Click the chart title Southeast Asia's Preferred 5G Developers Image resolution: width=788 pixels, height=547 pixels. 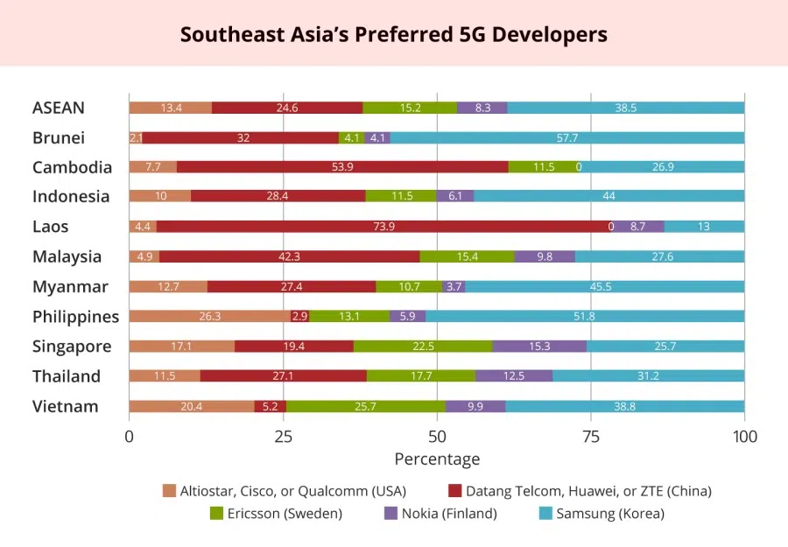(x=393, y=34)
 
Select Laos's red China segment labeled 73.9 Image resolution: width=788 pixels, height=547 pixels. (x=383, y=227)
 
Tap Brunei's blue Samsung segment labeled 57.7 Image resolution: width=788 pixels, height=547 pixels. (x=566, y=137)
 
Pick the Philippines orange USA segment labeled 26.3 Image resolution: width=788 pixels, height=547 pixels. (x=209, y=317)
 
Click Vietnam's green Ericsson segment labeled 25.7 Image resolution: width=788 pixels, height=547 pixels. (x=366, y=406)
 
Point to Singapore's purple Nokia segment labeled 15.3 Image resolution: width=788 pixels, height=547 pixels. (x=539, y=347)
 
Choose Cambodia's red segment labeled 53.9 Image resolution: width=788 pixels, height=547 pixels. (x=342, y=167)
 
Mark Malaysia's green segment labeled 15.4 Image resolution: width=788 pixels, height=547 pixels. (x=467, y=256)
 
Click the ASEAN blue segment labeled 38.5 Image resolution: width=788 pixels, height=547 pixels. (x=625, y=108)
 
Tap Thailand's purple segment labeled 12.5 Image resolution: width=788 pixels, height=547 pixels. (x=514, y=376)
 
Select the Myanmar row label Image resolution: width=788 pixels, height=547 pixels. (x=70, y=287)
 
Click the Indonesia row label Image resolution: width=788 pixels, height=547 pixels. (x=71, y=197)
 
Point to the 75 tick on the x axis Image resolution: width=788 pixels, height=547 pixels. (x=590, y=437)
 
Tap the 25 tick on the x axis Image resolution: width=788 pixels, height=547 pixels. (x=283, y=437)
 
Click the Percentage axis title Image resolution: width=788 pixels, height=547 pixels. (x=437, y=459)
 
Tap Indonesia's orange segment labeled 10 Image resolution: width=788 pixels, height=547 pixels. (x=159, y=197)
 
